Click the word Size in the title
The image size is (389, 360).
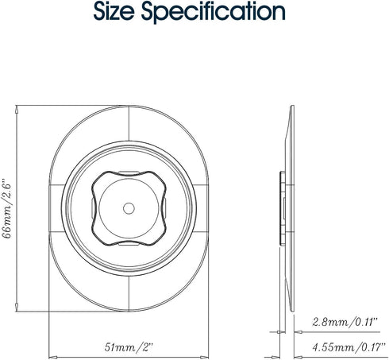[x=114, y=12]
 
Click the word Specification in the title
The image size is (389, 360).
[x=214, y=13]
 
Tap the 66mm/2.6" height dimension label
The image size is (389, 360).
[x=7, y=208]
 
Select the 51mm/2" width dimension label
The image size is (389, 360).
[x=129, y=347]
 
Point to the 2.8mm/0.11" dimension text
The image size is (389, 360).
[x=345, y=322]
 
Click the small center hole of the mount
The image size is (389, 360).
[x=129, y=208]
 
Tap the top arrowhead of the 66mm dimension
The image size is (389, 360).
[x=17, y=109]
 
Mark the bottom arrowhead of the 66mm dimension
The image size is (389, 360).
[x=17, y=308]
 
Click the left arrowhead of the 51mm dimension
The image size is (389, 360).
[x=53, y=357]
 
